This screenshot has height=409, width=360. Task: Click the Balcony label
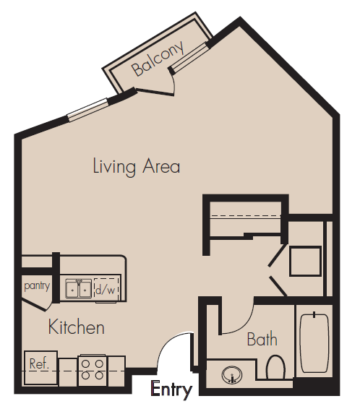click(158, 59)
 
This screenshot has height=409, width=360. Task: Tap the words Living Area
click(137, 166)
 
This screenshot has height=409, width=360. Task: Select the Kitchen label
click(77, 327)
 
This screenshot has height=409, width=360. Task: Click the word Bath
click(262, 339)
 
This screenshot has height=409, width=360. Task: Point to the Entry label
click(171, 390)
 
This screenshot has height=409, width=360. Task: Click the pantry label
click(37, 286)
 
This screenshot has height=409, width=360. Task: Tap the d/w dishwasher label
click(106, 290)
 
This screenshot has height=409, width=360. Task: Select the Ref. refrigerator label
click(39, 363)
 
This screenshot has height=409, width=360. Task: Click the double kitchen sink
click(78, 288)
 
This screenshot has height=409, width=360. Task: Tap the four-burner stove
click(93, 369)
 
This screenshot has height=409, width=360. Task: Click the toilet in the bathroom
click(275, 367)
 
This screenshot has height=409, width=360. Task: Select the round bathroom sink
click(231, 375)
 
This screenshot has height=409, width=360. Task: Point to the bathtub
click(314, 343)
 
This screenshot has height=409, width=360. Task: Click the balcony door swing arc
click(173, 84)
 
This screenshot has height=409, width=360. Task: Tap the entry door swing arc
click(171, 340)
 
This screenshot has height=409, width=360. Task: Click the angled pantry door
click(35, 305)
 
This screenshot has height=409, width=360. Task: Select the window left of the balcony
click(87, 110)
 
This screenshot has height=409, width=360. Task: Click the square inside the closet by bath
click(305, 261)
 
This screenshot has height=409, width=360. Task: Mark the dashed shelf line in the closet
click(246, 216)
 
